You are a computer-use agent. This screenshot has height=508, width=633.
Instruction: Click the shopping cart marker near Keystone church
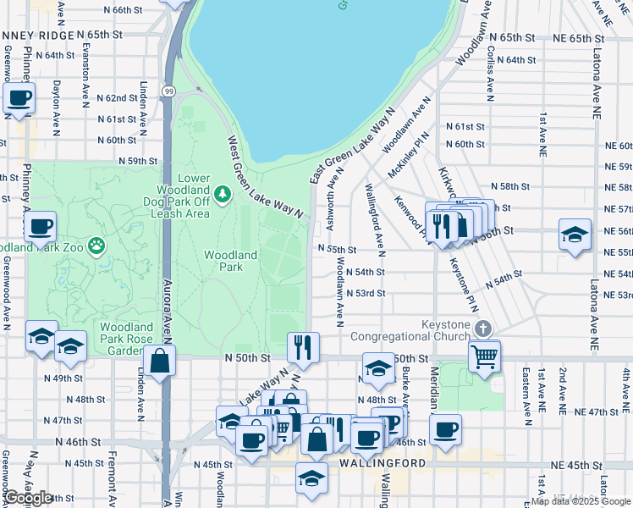[x=484, y=356]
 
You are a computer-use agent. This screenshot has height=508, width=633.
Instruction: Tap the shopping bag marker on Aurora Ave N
[x=160, y=360]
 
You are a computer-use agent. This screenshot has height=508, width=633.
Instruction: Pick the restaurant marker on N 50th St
[x=303, y=346]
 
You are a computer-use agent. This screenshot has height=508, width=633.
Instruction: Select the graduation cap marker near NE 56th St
[x=575, y=234]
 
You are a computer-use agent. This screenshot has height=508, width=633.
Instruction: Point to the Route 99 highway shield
[x=169, y=91]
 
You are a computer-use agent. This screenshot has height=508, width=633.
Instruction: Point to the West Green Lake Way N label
[x=264, y=178]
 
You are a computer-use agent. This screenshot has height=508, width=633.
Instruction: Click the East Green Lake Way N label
[x=352, y=146]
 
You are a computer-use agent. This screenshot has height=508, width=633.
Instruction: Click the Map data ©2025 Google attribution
[x=580, y=501]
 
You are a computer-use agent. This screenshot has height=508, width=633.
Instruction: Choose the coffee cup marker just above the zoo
[x=41, y=227]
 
